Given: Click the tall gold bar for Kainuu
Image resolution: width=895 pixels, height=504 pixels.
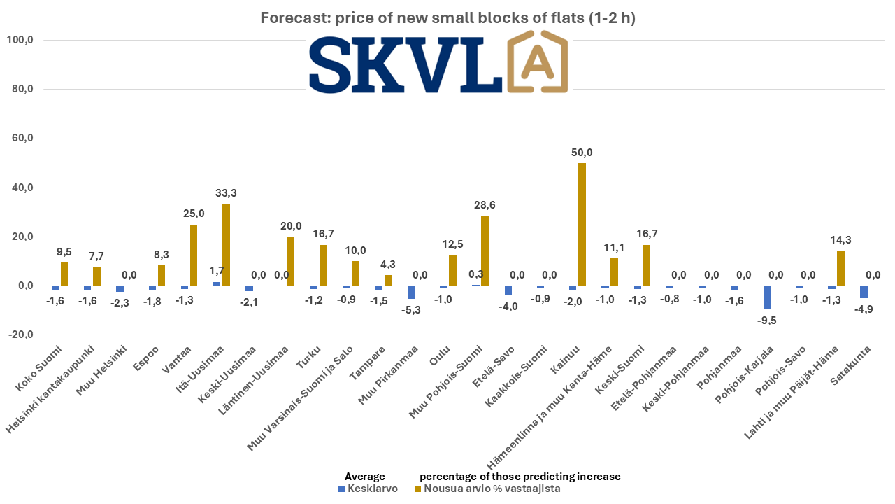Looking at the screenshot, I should pyautogui.click(x=582, y=224).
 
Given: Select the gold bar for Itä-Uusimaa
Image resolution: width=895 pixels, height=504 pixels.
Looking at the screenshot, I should pyautogui.click(x=226, y=245).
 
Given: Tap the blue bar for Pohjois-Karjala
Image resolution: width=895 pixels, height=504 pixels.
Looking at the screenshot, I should pyautogui.click(x=767, y=297).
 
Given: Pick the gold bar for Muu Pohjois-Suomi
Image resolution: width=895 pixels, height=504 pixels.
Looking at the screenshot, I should pyautogui.click(x=485, y=251).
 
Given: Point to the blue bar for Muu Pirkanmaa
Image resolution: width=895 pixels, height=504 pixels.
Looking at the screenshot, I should pyautogui.click(x=411, y=292).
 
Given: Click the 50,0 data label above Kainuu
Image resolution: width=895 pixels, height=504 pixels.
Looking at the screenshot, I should pyautogui.click(x=582, y=153).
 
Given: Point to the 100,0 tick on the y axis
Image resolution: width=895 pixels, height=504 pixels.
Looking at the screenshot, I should pyautogui.click(x=20, y=41).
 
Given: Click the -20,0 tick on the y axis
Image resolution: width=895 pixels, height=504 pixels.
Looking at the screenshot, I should pyautogui.click(x=20, y=335).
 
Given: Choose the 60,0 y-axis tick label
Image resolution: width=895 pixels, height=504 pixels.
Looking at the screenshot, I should pyautogui.click(x=20, y=139).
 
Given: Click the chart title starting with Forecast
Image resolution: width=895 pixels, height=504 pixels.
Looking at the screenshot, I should pyautogui.click(x=447, y=18).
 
